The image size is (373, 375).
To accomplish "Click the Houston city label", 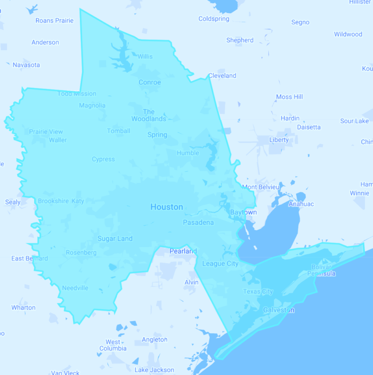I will (x=167, y=207).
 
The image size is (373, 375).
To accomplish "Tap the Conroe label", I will (x=150, y=82).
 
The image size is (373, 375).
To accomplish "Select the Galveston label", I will (x=278, y=310).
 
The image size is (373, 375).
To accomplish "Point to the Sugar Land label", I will (x=115, y=239).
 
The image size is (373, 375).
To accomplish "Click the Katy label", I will (x=78, y=201).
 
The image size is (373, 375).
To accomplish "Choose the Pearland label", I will (x=183, y=251).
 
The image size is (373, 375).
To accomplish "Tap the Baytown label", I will (x=243, y=212).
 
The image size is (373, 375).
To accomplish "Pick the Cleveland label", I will (x=222, y=76).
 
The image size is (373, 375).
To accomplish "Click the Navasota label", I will (x=26, y=65).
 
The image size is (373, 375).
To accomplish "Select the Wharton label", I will (x=24, y=307).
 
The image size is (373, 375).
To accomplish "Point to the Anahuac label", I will (x=301, y=204).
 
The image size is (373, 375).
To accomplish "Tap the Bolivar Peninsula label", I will (x=321, y=270).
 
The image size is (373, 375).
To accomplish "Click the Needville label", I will (x=75, y=288).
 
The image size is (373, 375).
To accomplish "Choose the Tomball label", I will (x=119, y=131).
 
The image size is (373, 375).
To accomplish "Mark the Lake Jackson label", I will (x=154, y=370).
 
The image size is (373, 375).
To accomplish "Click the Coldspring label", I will (x=214, y=19).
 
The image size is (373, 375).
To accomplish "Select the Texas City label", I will (x=258, y=291).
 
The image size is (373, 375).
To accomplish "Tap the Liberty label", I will (x=279, y=140).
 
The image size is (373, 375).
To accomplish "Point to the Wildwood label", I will (x=348, y=34).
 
